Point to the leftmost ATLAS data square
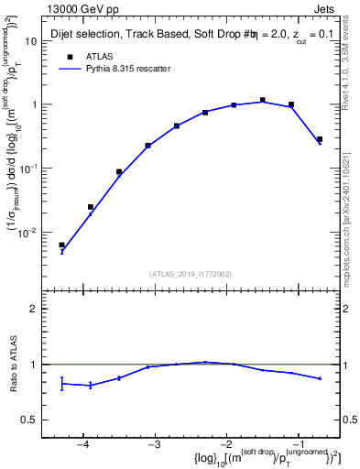click(x=61, y=245)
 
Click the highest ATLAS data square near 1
click(x=262, y=100)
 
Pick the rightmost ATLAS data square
click(x=319, y=139)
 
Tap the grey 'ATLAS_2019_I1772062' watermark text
click(x=191, y=274)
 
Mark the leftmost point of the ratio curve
click(x=61, y=383)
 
